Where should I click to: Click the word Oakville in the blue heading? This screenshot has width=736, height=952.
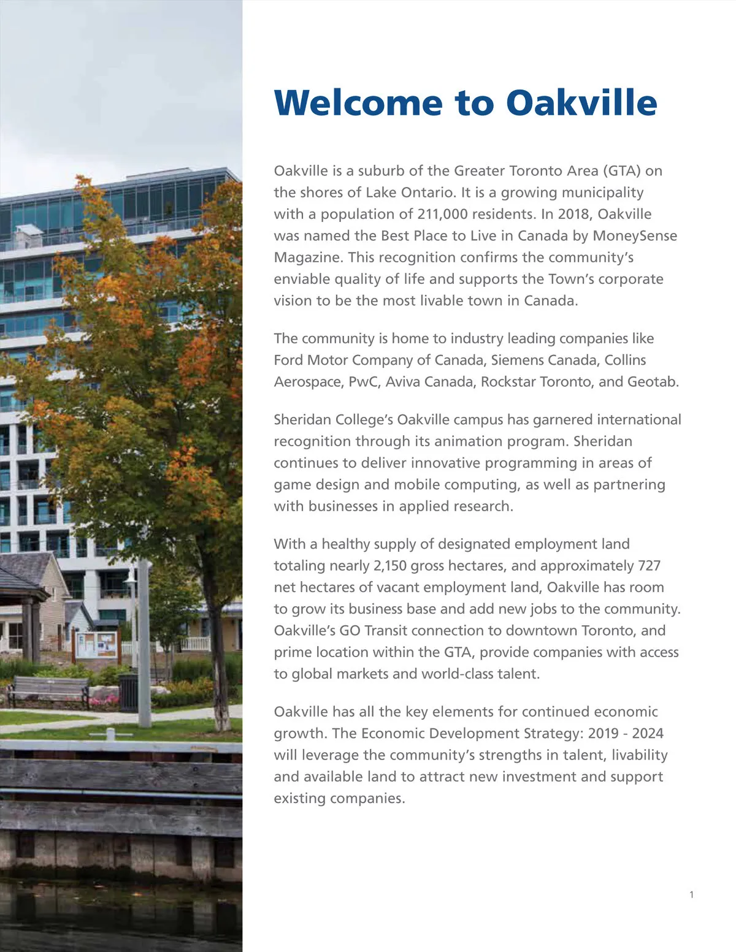click(581, 102)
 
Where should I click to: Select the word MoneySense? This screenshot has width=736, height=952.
click(635, 235)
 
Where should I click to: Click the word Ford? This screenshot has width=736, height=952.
click(288, 360)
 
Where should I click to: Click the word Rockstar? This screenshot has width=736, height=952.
click(508, 381)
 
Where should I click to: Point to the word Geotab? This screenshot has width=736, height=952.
click(653, 381)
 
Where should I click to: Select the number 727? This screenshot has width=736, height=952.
click(649, 565)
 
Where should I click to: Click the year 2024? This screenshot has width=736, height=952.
click(648, 733)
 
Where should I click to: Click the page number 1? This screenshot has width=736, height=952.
click(691, 895)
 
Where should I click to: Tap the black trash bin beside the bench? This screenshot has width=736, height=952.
click(129, 693)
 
